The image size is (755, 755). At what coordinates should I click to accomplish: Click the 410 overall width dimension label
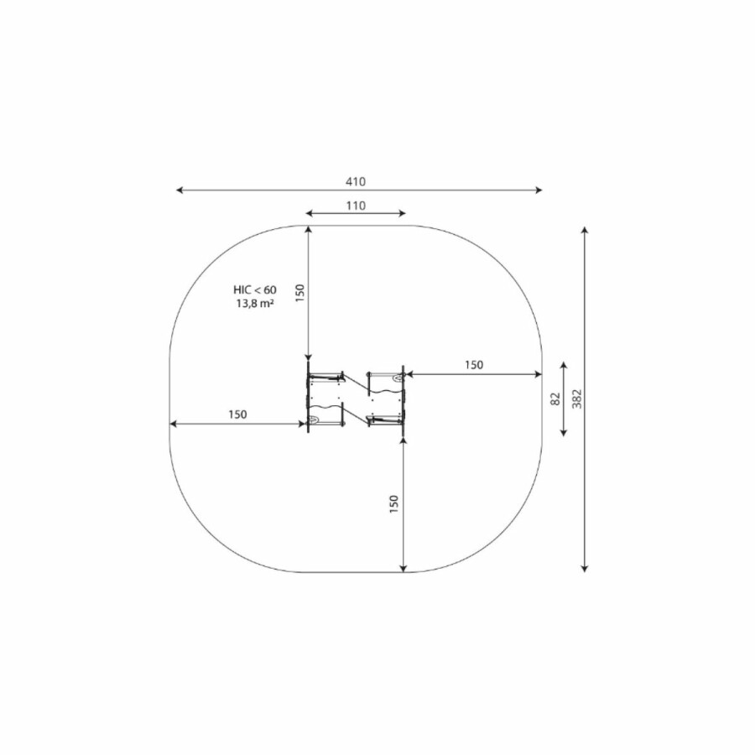pyautogui.click(x=356, y=181)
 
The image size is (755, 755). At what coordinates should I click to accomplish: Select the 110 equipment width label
pyautogui.click(x=356, y=206)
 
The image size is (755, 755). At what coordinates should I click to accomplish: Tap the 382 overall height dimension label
pyautogui.click(x=577, y=398)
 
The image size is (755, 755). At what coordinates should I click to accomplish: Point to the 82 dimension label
pyautogui.click(x=555, y=398)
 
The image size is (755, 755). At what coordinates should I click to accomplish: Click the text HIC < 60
pyautogui.click(x=255, y=290)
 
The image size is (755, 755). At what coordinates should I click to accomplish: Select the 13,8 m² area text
pyautogui.click(x=255, y=304)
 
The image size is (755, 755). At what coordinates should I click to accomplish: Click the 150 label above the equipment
pyautogui.click(x=300, y=293)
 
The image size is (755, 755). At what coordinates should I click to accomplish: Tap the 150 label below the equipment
pyautogui.click(x=394, y=503)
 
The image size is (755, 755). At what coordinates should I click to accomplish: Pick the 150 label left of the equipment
pyautogui.click(x=237, y=414)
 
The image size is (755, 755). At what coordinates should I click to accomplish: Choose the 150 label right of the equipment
pyautogui.click(x=474, y=365)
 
